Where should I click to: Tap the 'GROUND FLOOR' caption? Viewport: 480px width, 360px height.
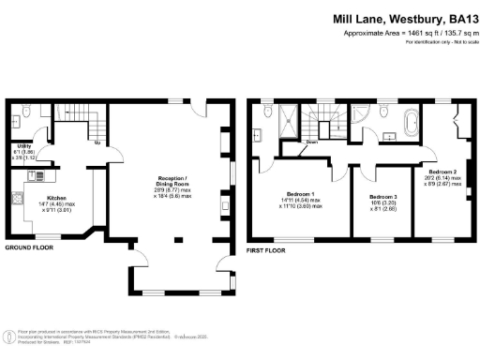pyautogui.click(x=30, y=247)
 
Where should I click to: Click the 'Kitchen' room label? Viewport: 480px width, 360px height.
pyautogui.click(x=55, y=198)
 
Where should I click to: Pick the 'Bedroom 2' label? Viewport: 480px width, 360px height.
pyautogui.click(x=443, y=172)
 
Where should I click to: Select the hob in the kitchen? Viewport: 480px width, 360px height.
pyautogui.click(x=19, y=200)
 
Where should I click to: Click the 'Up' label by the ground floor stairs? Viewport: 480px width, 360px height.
pyautogui.click(x=97, y=143)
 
